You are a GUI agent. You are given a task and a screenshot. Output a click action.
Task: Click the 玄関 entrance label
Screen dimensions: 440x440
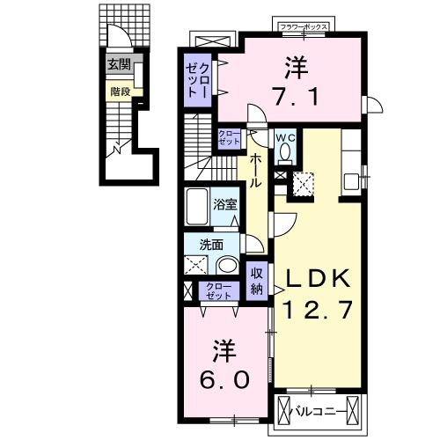[x=118, y=64]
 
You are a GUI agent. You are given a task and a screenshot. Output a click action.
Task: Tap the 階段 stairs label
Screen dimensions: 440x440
[x=120, y=90]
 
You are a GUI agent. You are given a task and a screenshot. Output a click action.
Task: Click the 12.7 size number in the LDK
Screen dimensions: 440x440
[x=318, y=310]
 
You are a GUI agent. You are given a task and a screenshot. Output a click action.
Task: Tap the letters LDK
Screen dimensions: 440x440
[x=318, y=280]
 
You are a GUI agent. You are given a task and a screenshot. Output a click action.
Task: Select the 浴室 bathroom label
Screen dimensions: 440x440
[x=225, y=205]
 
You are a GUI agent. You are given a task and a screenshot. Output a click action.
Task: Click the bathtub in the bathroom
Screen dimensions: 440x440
[x=197, y=208]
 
